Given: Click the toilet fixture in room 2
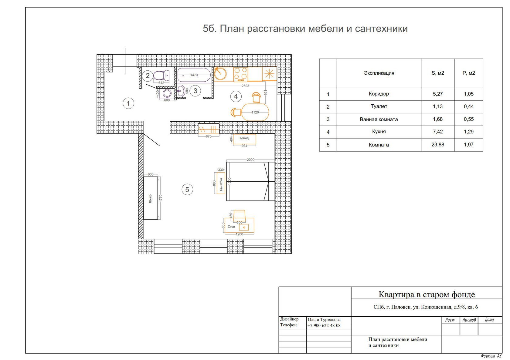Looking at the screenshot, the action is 161,75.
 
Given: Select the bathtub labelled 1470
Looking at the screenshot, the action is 194,75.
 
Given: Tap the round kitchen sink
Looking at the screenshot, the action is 220,73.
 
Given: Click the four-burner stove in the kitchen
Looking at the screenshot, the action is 240,74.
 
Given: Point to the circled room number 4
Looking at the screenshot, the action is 236,96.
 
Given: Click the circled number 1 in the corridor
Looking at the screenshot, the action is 128,103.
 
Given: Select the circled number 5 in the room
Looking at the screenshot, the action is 187,190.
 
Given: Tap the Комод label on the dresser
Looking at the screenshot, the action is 244,138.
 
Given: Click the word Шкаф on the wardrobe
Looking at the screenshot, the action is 150,199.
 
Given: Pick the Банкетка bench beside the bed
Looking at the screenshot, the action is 221,183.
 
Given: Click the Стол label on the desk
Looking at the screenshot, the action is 231,227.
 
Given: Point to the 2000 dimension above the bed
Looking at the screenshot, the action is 250,160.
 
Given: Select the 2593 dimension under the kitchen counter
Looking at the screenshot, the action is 245,86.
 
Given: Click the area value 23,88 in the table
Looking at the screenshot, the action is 438,145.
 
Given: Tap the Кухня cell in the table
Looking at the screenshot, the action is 379,132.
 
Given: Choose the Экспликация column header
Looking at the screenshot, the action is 379,73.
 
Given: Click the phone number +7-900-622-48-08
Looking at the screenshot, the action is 324,325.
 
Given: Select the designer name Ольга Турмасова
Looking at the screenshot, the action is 324,320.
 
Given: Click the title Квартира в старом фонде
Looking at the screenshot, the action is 427,294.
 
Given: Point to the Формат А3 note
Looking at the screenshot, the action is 491,356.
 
